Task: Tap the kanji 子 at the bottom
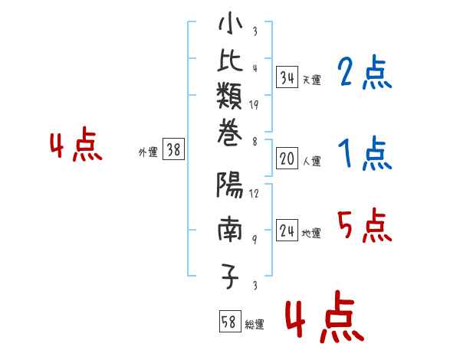230,277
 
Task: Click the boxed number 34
287,77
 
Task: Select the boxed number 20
287,159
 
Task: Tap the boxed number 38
174,150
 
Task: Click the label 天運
311,80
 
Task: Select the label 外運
148,152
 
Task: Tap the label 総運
255,324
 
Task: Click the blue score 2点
363,74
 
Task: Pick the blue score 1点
363,155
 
